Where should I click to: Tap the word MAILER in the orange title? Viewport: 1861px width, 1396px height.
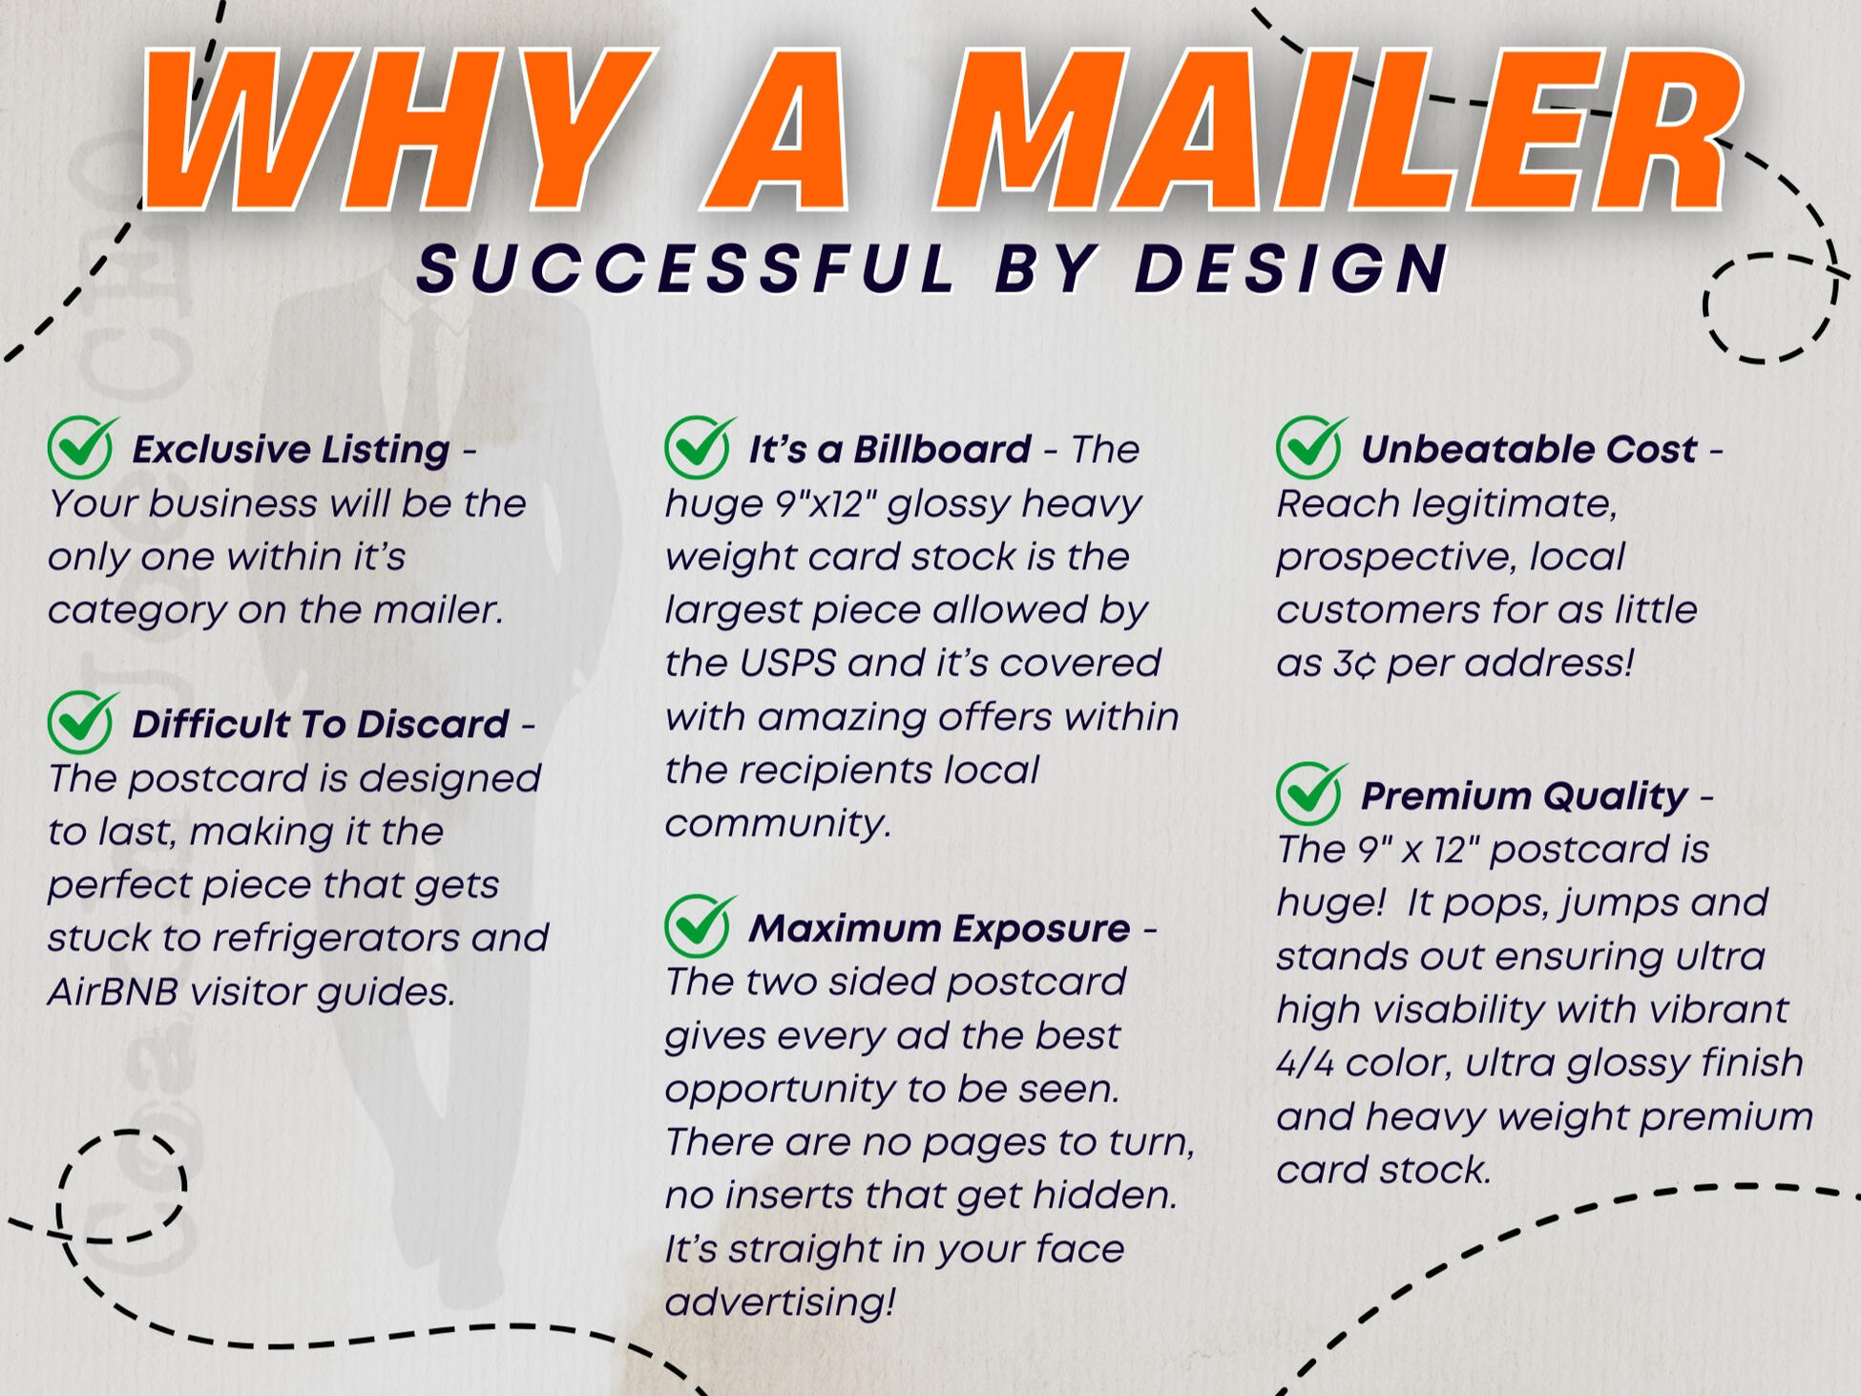(x=1336, y=128)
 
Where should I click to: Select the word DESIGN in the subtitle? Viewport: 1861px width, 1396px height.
(x=1293, y=268)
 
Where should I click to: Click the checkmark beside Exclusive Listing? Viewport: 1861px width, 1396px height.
(x=83, y=447)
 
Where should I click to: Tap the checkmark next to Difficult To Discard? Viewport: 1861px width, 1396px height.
(x=83, y=722)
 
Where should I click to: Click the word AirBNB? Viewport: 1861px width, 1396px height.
(x=113, y=992)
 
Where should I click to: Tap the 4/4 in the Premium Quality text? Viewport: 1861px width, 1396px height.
(x=1305, y=1063)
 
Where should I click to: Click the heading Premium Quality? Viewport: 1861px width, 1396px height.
(x=1524, y=796)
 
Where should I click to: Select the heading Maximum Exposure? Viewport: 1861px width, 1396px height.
(x=939, y=928)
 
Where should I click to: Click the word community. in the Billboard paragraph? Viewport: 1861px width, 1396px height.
(x=778, y=824)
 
